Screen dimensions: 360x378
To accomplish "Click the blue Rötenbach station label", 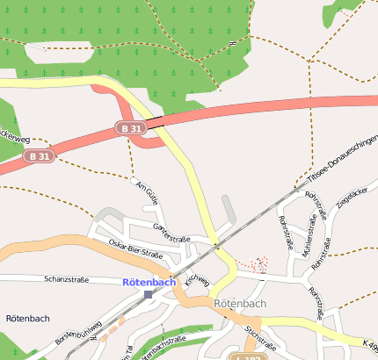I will tap(149, 282).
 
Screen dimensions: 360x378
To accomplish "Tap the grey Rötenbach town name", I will tap(240, 304).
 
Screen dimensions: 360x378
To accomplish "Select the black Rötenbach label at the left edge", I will tap(26, 317).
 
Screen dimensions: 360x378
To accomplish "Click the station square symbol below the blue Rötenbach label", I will tap(148, 294).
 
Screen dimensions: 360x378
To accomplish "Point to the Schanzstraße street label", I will tap(66, 279).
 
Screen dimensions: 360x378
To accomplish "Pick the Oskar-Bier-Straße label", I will tap(135, 248).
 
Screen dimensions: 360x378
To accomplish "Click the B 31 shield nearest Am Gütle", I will tap(129, 128).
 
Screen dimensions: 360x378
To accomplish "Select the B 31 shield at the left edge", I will tap(39, 156).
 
